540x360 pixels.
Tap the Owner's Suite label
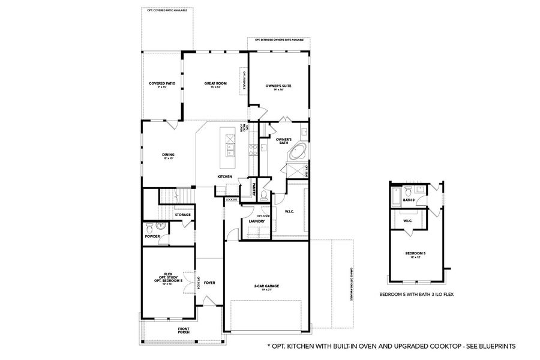pos(278,86)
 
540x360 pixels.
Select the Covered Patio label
pos(162,83)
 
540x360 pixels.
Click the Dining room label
pos(168,155)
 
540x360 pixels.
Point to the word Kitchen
pos(225,176)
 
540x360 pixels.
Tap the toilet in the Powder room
pos(159,226)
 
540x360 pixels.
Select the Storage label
pos(183,214)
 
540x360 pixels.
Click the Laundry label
pos(257,221)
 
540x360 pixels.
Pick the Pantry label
pos(254,188)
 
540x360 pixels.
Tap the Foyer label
pos(209,282)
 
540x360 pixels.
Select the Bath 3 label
pos(409,200)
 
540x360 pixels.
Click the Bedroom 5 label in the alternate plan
pos(415,254)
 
